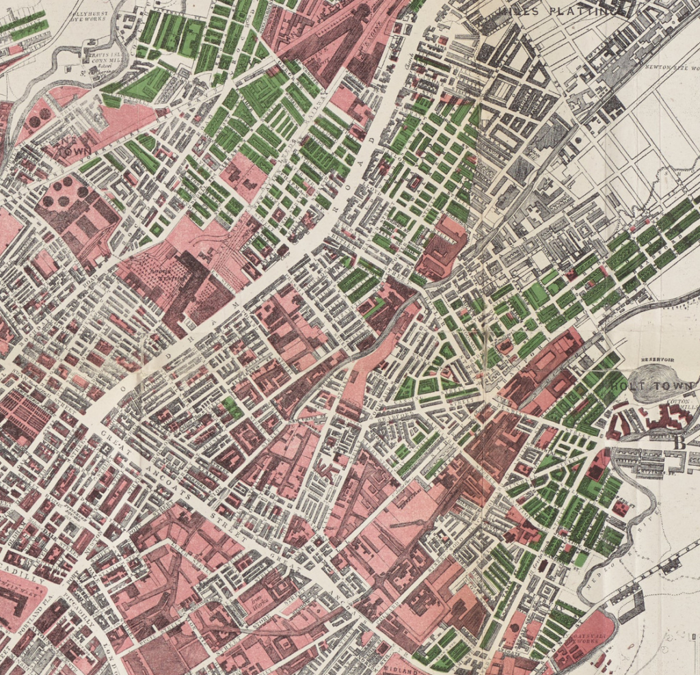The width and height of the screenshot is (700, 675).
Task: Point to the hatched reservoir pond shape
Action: [651, 380]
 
